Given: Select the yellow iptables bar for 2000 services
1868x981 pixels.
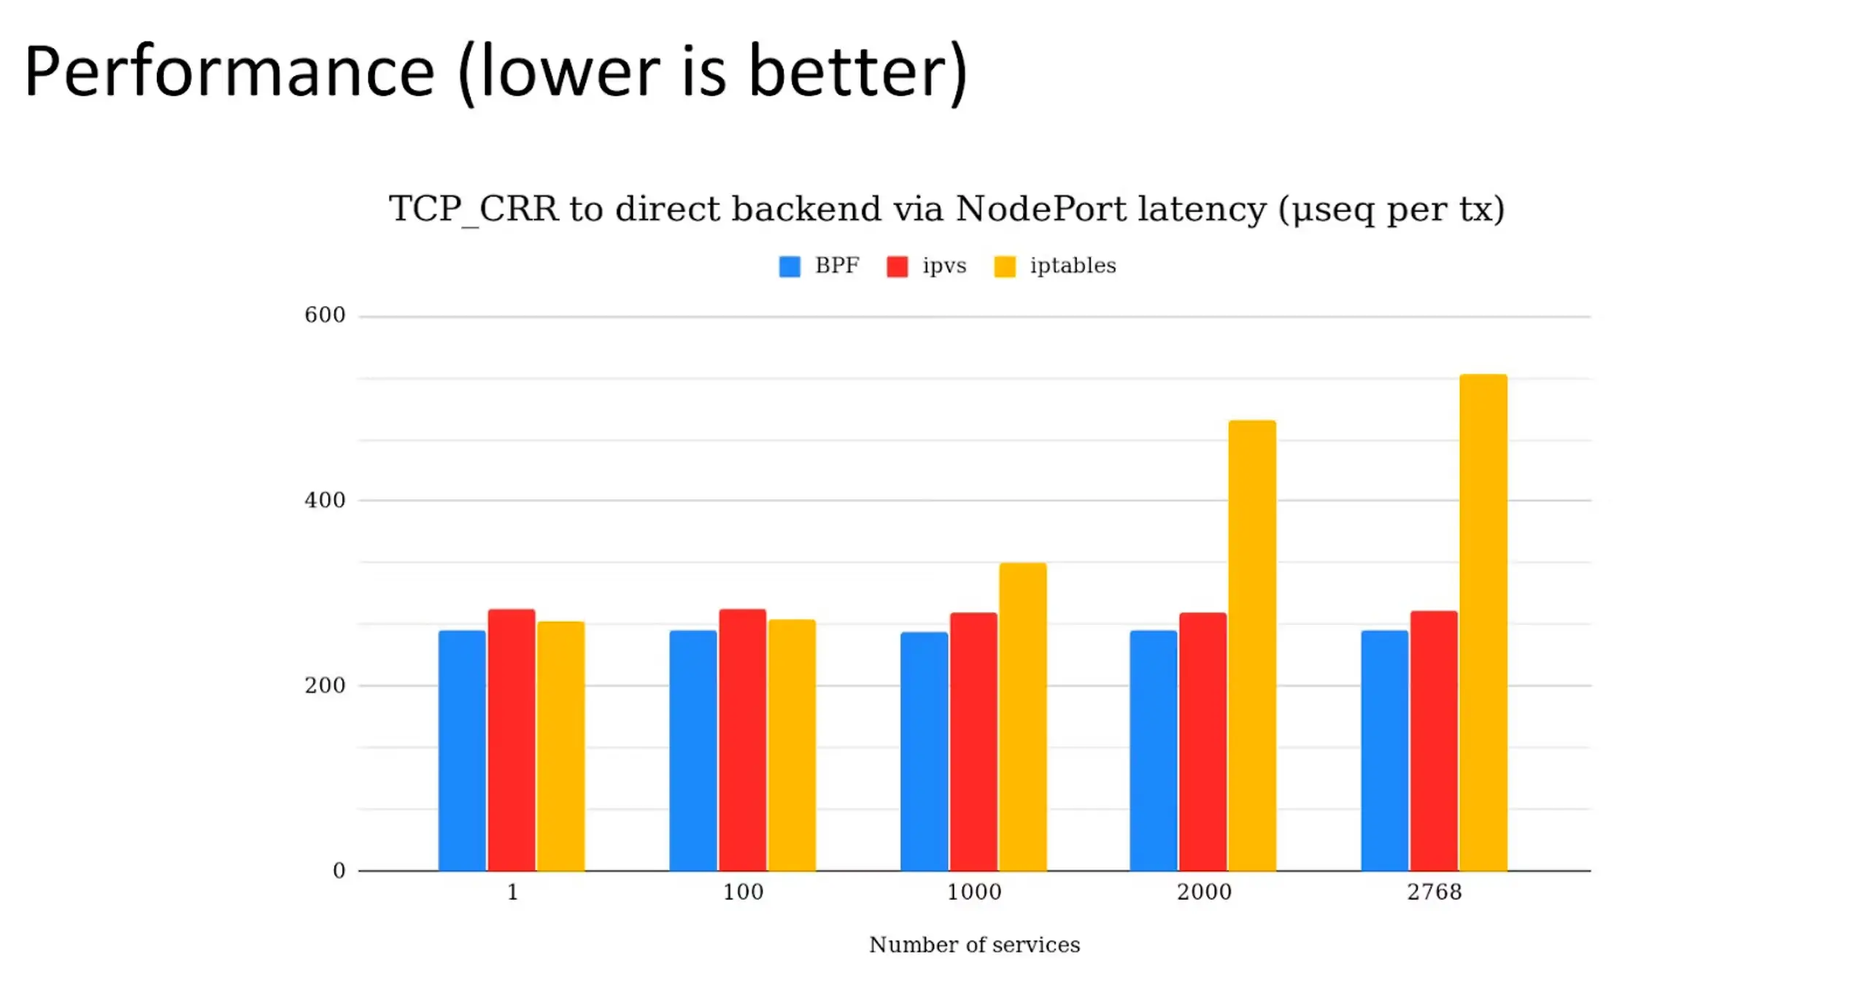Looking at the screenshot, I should (1251, 645).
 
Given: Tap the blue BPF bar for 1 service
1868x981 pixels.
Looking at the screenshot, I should (461, 750).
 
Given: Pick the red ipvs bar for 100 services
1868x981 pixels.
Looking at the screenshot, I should (742, 739).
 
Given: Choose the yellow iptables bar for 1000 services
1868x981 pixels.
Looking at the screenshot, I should (1022, 717).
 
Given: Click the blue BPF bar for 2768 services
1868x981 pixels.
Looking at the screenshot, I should (1384, 750).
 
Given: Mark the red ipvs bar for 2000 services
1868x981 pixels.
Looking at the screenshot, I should (1203, 742).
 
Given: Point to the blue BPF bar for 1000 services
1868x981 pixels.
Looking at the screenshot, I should (924, 751).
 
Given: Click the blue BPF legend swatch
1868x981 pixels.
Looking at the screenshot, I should (790, 266).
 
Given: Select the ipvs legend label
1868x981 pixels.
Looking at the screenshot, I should (944, 266).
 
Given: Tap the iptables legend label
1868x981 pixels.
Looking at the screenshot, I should (1073, 266).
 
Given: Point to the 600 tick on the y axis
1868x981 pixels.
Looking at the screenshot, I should (325, 315).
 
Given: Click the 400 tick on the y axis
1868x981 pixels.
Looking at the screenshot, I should (325, 501).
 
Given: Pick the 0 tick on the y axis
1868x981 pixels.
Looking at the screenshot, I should (339, 871).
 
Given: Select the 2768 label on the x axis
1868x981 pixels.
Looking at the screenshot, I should (1434, 892).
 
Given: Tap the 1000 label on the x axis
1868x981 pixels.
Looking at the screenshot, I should (973, 892).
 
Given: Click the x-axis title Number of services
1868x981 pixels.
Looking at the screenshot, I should (974, 945).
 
